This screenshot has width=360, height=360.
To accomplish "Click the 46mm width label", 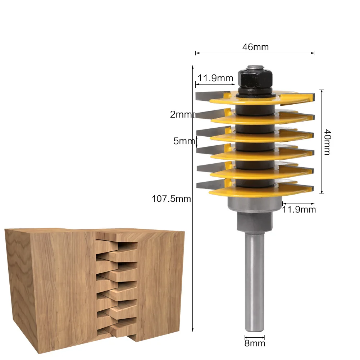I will click(x=255, y=47).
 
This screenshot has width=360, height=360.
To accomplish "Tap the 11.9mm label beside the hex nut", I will click(x=215, y=78).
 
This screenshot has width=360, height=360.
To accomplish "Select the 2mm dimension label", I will click(x=181, y=115).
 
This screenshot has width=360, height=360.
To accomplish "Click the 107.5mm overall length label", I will click(x=171, y=199).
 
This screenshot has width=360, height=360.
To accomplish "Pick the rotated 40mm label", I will click(x=327, y=142).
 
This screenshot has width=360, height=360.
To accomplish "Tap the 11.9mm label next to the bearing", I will click(x=299, y=209).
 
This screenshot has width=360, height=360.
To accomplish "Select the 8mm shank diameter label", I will click(x=255, y=343).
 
